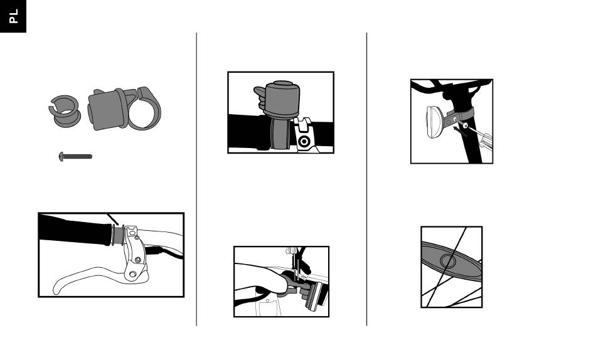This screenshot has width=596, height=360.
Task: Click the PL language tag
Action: pos(13,16)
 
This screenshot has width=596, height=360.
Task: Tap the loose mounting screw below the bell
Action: pos(75,156)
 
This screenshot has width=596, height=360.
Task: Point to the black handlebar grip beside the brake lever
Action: pos(76,230)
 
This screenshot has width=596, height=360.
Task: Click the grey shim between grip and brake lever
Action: pos(118,235)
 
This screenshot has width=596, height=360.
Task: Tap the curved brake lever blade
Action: pos(91,277)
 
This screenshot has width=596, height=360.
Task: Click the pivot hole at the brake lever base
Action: pos(132,274)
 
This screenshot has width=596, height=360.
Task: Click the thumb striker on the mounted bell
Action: pos(260,98)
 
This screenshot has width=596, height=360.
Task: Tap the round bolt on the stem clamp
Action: pos(304,142)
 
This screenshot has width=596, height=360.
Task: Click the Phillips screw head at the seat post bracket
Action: pos(466,125)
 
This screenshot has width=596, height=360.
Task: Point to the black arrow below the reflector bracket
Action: pos(460,132)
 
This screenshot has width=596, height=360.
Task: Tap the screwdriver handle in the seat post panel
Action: pos(486,141)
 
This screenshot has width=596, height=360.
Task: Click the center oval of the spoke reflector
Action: pos(448,261)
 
